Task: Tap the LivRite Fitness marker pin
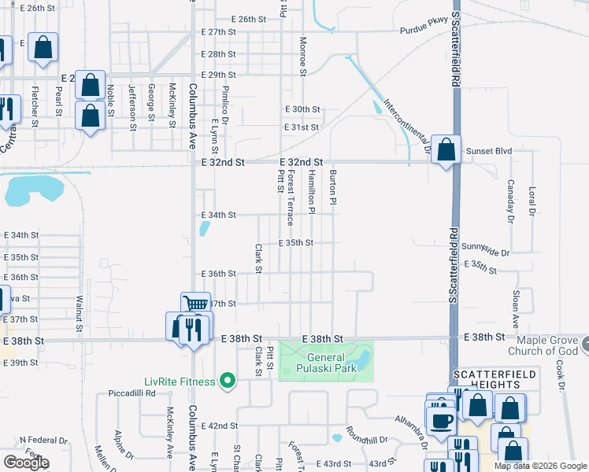(x=228, y=382)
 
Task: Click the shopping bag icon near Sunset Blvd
(x=446, y=149)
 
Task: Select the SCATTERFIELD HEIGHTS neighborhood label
(x=486, y=378)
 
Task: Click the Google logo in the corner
(x=26, y=463)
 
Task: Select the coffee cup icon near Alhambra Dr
(x=439, y=419)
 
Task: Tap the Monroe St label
(x=302, y=57)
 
